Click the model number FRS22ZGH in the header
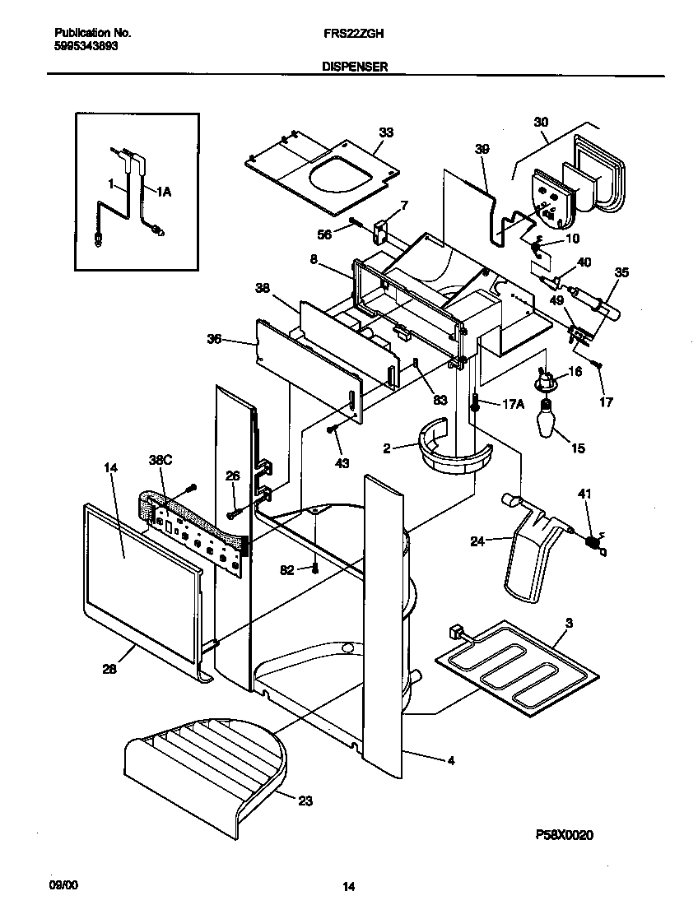(350, 34)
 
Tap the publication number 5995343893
(86, 47)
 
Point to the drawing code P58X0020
(564, 834)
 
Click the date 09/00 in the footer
(67, 884)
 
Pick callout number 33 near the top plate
(386, 133)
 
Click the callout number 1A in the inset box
(164, 192)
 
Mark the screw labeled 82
(314, 569)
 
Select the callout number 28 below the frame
(110, 670)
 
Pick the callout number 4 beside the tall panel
(450, 761)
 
